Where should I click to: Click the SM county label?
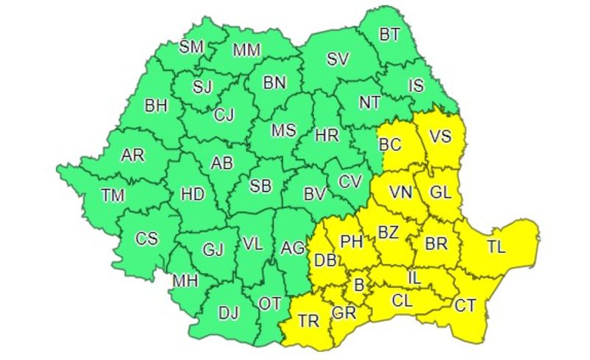click(192, 46)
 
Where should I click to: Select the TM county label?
click(114, 195)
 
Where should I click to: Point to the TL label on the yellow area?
click(496, 247)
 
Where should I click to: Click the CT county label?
click(465, 305)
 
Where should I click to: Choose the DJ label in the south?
click(229, 312)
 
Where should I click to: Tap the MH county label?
click(184, 281)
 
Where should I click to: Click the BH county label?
click(156, 105)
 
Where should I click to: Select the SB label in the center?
click(260, 187)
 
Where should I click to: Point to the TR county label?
click(309, 320)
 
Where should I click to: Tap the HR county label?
click(326, 135)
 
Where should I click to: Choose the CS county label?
click(147, 238)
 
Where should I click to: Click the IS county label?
click(417, 86)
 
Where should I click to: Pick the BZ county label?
click(388, 232)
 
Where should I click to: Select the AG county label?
click(293, 249)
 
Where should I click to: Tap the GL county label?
click(440, 193)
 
